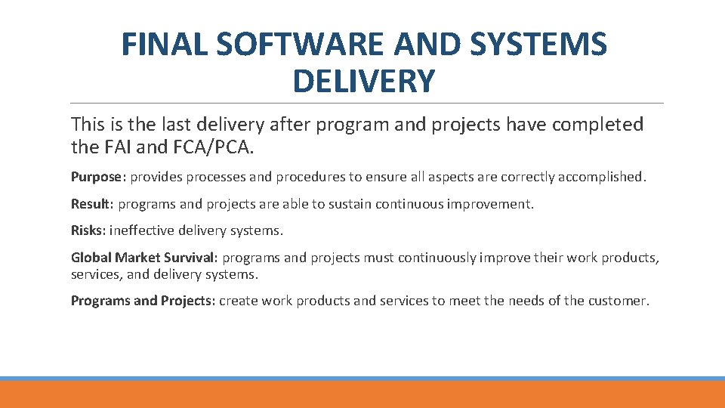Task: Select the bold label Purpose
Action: pyautogui.click(x=98, y=178)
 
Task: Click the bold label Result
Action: pyautogui.click(x=90, y=204)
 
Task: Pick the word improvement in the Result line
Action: pyautogui.click(x=495, y=204)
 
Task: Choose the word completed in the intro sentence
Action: pyautogui.click(x=597, y=125)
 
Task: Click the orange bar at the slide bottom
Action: pyautogui.click(x=362, y=395)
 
